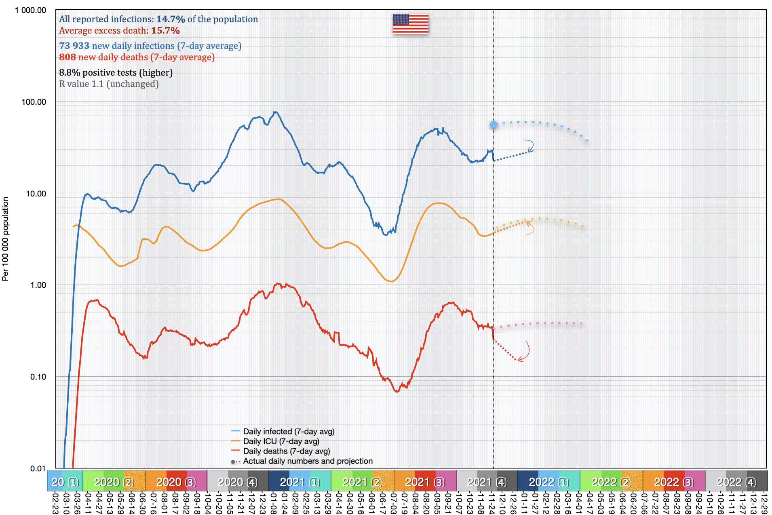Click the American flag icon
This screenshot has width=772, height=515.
click(x=410, y=24)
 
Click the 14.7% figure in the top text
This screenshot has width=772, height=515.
click(x=171, y=19)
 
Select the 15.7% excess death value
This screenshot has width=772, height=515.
click(x=165, y=31)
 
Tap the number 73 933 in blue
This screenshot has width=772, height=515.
click(x=74, y=46)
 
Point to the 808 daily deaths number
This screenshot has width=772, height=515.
click(x=67, y=57)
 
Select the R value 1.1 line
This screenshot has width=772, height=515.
click(x=109, y=84)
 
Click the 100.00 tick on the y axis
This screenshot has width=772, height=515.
click(x=34, y=102)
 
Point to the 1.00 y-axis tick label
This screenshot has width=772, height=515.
click(x=38, y=285)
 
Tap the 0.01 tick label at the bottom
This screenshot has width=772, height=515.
click(x=38, y=469)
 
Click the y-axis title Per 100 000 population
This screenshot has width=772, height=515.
click(x=5, y=239)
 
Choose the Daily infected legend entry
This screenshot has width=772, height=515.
click(x=288, y=432)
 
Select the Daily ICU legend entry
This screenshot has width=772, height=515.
click(x=281, y=441)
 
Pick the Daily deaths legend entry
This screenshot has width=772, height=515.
click(x=286, y=451)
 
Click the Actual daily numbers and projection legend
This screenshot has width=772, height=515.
click(x=307, y=461)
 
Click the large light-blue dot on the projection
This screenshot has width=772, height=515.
click(x=494, y=125)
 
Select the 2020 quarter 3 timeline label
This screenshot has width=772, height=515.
click(x=176, y=482)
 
